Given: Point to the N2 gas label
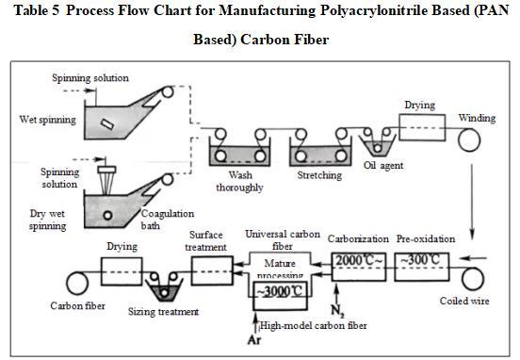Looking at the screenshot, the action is tap(337, 311).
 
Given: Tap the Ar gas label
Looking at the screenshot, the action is tap(254, 340).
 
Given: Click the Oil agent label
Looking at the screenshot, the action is tap(383, 165).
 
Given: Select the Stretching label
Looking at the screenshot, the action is tap(319, 175).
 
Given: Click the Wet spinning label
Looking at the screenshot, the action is tap(48, 120).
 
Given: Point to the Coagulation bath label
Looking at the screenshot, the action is tap(168, 220).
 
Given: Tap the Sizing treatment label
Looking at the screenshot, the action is tap(164, 312).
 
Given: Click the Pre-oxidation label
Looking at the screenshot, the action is tap(426, 238).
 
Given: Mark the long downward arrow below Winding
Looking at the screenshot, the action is tap(472, 201).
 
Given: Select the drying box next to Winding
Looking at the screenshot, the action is tap(422, 128).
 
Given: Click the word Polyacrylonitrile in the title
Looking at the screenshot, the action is tap(373, 10).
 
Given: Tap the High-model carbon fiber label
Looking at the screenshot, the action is tap(314, 325).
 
